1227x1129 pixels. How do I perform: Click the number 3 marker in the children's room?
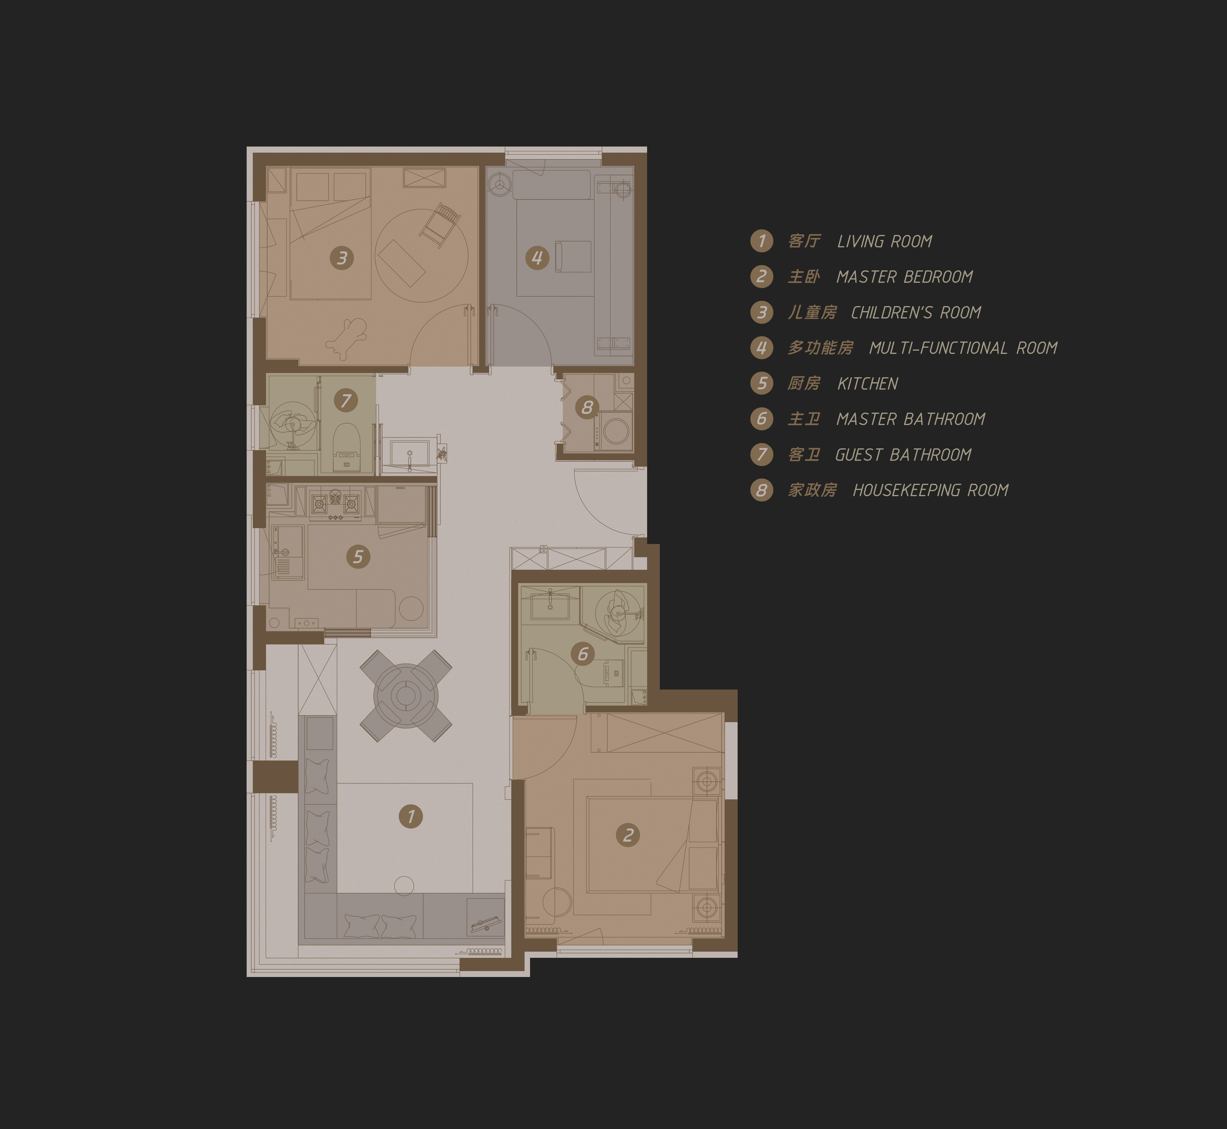[342, 258]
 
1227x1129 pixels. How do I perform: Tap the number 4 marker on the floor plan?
[537, 258]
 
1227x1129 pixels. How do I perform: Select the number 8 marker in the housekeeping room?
[587, 407]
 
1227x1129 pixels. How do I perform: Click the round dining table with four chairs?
[406, 695]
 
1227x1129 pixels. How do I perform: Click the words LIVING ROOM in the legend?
[885, 241]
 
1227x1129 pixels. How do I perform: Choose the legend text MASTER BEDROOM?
[905, 277]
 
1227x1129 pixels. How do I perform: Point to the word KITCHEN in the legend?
[867, 384]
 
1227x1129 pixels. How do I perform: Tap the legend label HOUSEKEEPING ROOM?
[930, 490]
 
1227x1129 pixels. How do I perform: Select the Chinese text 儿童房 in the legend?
[812, 312]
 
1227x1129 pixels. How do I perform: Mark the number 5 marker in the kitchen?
[358, 557]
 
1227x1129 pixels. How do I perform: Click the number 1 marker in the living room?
[411, 816]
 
